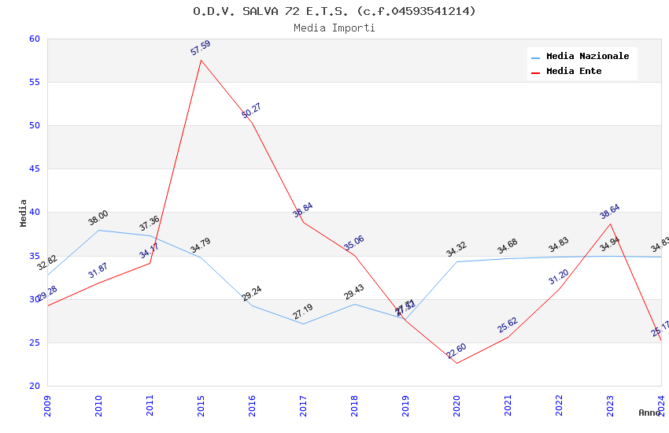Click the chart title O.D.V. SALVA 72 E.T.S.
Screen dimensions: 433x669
pyautogui.click(x=334, y=11)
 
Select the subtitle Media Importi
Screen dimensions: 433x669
pyautogui.click(x=334, y=28)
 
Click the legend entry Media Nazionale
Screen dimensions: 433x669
pyautogui.click(x=587, y=57)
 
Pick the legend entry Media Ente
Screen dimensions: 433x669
pyautogui.click(x=574, y=72)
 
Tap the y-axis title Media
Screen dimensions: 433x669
pyautogui.click(x=24, y=213)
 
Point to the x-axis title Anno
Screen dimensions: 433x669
pyautogui.click(x=649, y=413)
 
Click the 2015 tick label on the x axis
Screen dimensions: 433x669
pyautogui.click(x=201, y=405)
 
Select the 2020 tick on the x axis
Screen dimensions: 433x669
pyautogui.click(x=456, y=405)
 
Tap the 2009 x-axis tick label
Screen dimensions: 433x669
pyautogui.click(x=47, y=405)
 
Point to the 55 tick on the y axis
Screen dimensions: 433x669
pyautogui.click(x=34, y=83)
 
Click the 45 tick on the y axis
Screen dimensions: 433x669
pyautogui.click(x=34, y=169)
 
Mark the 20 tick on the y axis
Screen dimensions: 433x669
pyautogui.click(x=34, y=386)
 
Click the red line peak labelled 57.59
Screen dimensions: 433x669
pyautogui.click(x=201, y=60)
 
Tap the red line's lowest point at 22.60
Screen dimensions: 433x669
pyautogui.click(x=456, y=363)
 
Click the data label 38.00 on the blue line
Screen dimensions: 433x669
pyautogui.click(x=98, y=218)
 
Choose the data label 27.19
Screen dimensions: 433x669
pyautogui.click(x=303, y=312)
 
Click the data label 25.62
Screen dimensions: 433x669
pyautogui.click(x=508, y=325)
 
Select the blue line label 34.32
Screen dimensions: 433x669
pyautogui.click(x=456, y=250)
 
